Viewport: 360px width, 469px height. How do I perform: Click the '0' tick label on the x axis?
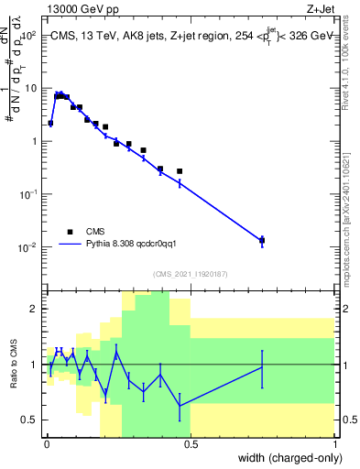click(46, 444)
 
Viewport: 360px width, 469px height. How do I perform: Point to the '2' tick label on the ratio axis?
click(37, 309)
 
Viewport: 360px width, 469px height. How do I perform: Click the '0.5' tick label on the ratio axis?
click(33, 420)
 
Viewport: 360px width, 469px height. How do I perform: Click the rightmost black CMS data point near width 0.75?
click(262, 240)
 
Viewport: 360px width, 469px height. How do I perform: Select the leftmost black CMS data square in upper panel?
click(50, 123)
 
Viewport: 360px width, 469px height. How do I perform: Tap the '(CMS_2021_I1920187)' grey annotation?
click(190, 272)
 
